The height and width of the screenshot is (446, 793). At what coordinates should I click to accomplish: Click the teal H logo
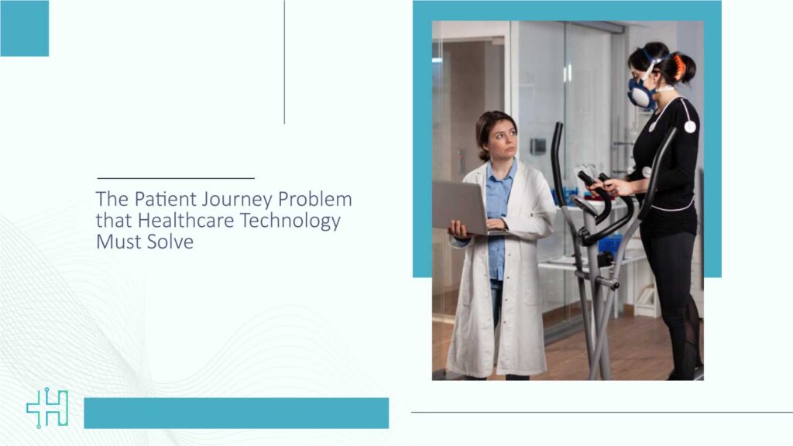coord(47,408)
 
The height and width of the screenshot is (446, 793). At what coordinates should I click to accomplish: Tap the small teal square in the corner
coord(24,28)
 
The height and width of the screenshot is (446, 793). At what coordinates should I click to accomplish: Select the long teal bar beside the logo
coord(236,413)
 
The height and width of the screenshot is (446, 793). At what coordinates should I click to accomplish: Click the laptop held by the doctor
coord(459,206)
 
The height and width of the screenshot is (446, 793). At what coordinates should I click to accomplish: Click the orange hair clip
coord(681,66)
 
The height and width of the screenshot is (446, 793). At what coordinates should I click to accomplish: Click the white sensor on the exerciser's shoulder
coord(689,126)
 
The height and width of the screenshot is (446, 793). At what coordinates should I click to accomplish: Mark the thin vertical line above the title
coord(284,62)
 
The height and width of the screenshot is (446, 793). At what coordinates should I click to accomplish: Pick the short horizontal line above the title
coord(176,178)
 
